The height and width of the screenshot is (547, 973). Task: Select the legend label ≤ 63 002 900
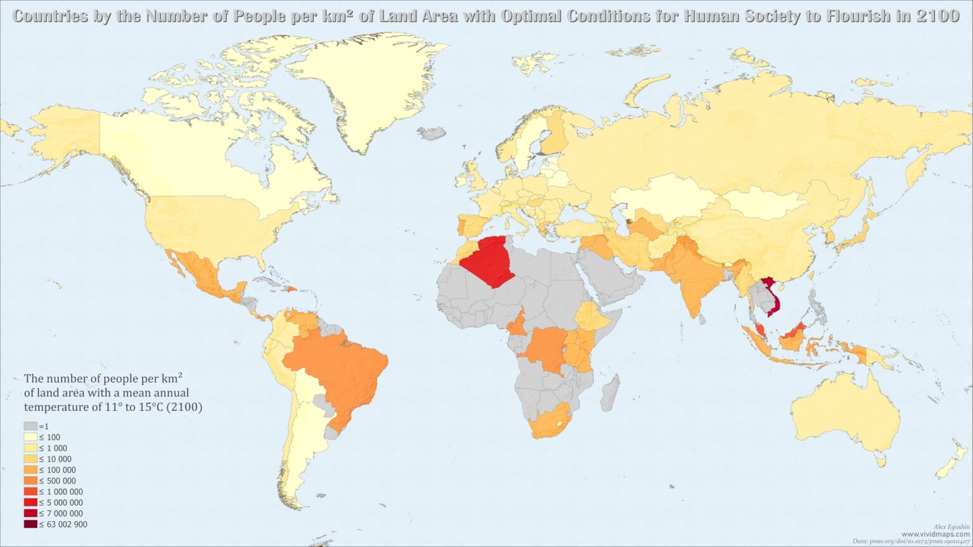click(x=63, y=524)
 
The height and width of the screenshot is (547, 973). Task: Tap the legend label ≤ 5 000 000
click(x=61, y=503)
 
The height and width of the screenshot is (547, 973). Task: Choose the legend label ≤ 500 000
click(x=58, y=481)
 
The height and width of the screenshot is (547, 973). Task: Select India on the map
click(x=694, y=272)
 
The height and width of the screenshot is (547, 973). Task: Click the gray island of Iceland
click(x=433, y=134)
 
